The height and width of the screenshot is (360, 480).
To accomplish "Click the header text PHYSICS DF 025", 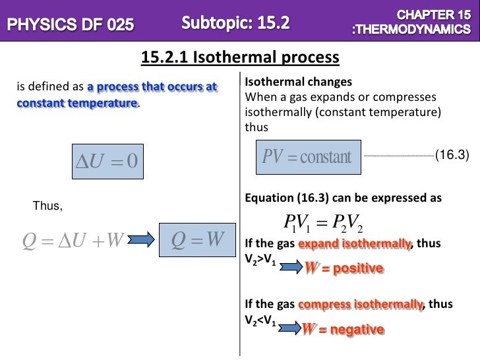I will pos(71,26).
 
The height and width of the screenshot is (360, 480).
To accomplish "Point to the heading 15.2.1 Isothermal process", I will pos(240,59).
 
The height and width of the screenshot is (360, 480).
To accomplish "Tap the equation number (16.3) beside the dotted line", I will pos(452,156).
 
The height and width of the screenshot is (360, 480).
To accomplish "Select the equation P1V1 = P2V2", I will pos(322,224).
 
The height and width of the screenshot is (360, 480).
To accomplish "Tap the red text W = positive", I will pos(343,268).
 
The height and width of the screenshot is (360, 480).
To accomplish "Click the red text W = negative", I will pos(343,329).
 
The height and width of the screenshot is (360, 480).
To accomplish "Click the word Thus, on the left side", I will pos(47,207).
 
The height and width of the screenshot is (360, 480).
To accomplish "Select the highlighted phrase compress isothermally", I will pos(360,305).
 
